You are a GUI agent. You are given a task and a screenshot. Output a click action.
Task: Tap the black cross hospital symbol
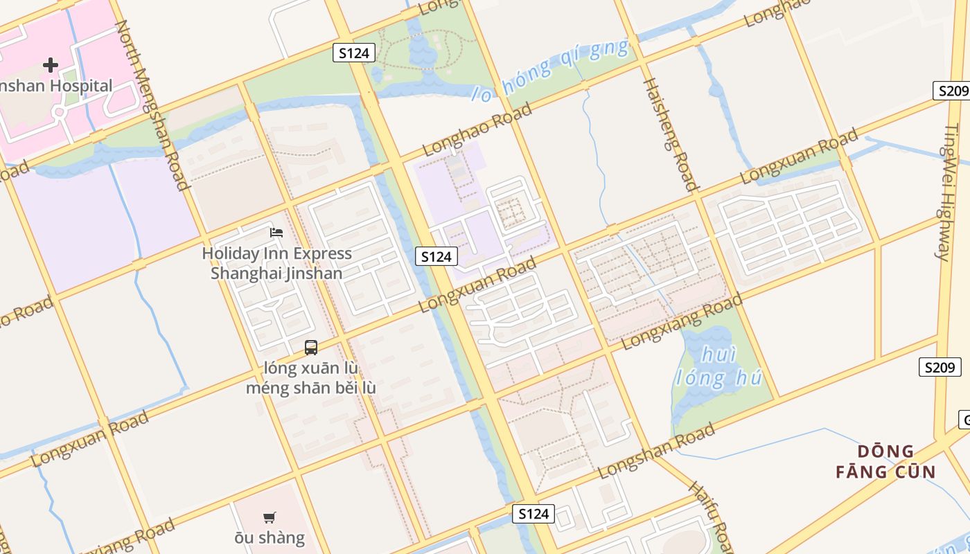51,66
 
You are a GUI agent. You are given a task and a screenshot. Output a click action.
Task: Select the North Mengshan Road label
152,105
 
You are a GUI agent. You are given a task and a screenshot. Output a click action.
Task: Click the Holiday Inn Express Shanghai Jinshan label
276,263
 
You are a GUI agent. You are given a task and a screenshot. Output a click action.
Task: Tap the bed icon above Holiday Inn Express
276,232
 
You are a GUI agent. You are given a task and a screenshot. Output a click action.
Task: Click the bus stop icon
311,348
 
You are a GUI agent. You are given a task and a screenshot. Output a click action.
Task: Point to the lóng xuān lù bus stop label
311,367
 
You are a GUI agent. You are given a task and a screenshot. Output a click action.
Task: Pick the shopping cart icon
270,517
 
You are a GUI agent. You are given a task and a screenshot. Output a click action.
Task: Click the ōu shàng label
270,537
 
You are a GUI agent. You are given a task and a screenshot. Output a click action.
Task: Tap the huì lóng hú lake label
718,366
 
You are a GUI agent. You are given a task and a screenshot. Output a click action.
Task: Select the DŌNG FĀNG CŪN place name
885,462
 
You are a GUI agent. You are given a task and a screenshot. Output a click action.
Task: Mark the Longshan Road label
656,452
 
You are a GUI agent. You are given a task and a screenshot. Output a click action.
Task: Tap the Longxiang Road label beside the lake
682,321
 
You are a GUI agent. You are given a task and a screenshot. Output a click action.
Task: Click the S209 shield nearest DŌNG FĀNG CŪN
940,367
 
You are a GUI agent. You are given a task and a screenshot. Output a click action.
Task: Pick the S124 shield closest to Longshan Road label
533,513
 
